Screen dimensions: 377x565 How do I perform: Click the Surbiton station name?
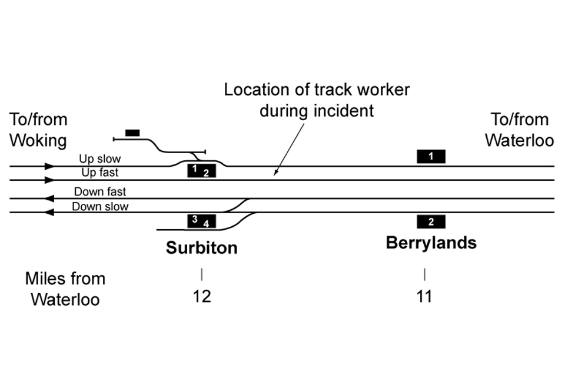click(x=201, y=247)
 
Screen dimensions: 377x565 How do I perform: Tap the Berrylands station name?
click(x=431, y=243)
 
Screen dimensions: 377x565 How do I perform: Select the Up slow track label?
click(x=100, y=159)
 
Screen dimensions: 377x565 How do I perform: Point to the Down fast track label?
click(x=100, y=191)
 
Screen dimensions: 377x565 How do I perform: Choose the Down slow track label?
click(x=100, y=206)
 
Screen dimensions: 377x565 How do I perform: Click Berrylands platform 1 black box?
click(x=431, y=156)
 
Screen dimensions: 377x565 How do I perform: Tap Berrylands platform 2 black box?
click(x=431, y=221)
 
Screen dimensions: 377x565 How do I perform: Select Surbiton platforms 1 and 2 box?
click(x=201, y=171)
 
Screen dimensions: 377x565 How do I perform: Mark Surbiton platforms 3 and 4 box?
click(x=201, y=221)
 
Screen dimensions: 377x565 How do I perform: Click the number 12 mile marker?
click(x=201, y=296)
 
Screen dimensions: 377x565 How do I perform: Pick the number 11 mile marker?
click(x=424, y=296)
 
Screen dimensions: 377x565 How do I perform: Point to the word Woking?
click(x=38, y=141)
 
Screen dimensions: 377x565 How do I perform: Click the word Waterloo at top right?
click(x=520, y=141)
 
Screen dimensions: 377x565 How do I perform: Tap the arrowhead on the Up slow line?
click(x=50, y=167)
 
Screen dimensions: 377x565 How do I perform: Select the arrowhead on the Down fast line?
click(x=50, y=199)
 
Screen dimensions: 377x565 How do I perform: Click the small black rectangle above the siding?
click(x=132, y=133)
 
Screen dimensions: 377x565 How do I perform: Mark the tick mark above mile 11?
click(x=424, y=275)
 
